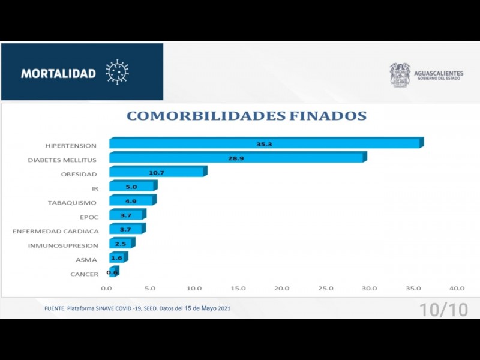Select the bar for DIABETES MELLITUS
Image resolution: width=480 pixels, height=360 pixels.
click(237, 158)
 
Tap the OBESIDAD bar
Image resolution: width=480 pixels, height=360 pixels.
click(157, 172)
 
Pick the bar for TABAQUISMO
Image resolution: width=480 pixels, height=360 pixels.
click(132, 201)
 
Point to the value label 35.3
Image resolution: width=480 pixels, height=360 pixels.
click(265, 144)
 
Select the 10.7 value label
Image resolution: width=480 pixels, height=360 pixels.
click(157, 173)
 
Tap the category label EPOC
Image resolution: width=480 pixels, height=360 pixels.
click(89, 217)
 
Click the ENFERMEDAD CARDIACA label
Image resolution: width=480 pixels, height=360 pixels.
click(56, 231)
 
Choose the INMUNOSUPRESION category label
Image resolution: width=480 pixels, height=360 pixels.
click(63, 245)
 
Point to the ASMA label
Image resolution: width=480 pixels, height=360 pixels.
click(86, 260)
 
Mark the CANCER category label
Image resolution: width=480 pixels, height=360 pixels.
click(84, 274)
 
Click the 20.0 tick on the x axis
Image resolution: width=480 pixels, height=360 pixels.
click(281, 289)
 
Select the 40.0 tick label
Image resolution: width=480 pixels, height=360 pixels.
click(457, 289)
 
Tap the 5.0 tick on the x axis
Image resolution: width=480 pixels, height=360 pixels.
click(149, 289)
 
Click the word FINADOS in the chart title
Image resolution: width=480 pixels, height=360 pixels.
click(324, 116)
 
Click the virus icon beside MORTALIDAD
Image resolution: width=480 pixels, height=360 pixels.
click(117, 72)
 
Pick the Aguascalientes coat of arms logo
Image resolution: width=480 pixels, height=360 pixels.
click(400, 75)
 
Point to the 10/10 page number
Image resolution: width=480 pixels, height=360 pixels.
click(443, 310)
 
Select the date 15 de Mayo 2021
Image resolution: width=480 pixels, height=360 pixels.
click(207, 308)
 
